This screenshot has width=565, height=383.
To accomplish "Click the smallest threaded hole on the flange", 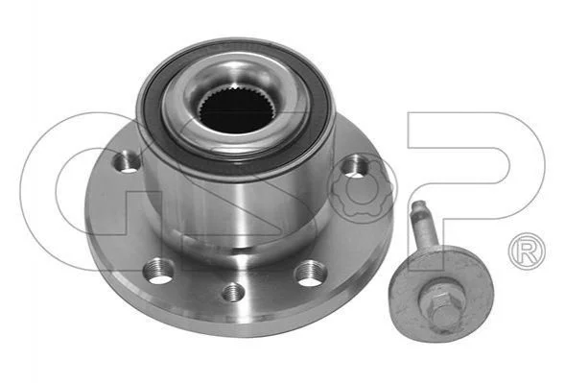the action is click(233, 292).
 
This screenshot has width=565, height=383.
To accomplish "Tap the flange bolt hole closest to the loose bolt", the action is click(311, 275).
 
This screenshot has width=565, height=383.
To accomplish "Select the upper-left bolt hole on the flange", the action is click(127, 162).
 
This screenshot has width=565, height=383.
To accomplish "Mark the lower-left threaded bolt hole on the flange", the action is click(158, 272).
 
